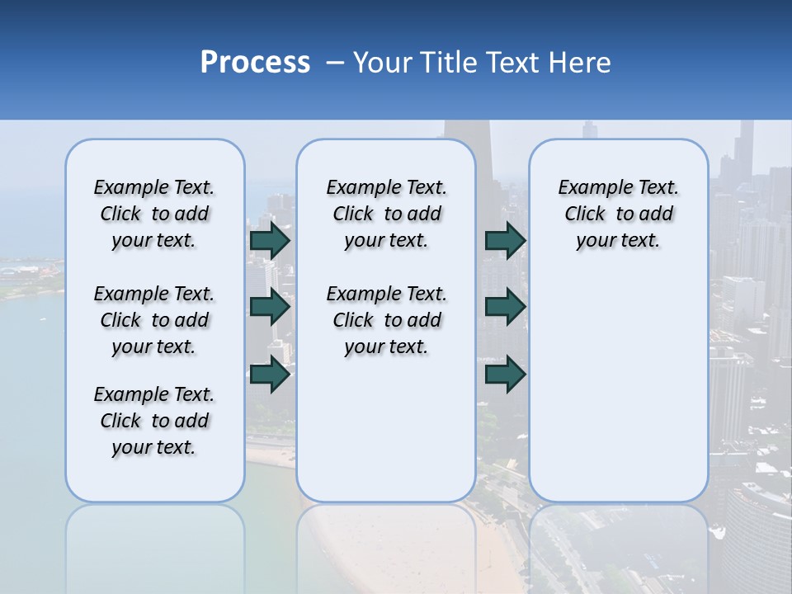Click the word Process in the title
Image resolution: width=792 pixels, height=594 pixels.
pyautogui.click(x=255, y=63)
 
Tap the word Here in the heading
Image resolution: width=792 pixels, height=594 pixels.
pyautogui.click(x=580, y=63)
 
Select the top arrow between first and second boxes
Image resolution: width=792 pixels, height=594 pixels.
pyautogui.click(x=270, y=240)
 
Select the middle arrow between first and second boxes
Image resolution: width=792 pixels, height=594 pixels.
pyautogui.click(x=270, y=307)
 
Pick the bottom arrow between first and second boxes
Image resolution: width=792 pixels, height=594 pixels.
pyautogui.click(x=270, y=375)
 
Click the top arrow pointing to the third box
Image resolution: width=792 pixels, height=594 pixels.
pyautogui.click(x=505, y=240)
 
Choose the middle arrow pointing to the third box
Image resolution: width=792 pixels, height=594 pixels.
pyautogui.click(x=505, y=307)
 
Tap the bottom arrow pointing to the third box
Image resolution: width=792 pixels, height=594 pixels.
pyautogui.click(x=505, y=375)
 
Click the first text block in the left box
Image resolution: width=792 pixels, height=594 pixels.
pyautogui.click(x=154, y=214)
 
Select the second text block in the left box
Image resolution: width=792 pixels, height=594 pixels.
pyautogui.click(x=154, y=320)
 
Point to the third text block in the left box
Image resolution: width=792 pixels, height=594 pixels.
pyautogui.click(x=154, y=421)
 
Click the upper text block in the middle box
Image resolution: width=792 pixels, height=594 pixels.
pyautogui.click(x=386, y=214)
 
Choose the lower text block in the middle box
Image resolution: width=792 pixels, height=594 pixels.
pyautogui.click(x=386, y=320)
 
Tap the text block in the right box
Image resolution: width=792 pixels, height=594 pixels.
pyautogui.click(x=618, y=214)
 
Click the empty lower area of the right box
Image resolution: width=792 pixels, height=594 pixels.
pyautogui.click(x=618, y=388)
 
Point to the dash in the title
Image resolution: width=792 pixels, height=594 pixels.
pyautogui.click(x=334, y=64)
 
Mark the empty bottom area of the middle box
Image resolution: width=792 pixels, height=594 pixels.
pyautogui.click(x=386, y=429)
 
